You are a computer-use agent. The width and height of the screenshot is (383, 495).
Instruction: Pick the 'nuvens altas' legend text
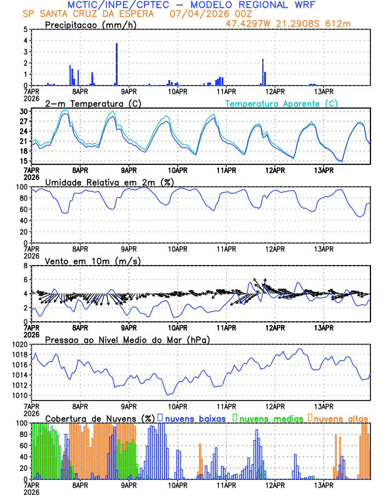click(x=340, y=417)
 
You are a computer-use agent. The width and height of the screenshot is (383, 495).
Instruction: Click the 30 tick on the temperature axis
click(x=23, y=111)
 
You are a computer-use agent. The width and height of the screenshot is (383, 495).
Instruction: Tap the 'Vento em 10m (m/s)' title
click(x=84, y=261)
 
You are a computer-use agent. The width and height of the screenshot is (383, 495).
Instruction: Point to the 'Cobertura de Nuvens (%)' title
click(x=100, y=417)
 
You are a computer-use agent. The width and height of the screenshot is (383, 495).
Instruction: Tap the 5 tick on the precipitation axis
click(x=25, y=29)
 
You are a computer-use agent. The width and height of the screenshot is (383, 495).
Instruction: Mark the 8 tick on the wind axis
click(x=25, y=266)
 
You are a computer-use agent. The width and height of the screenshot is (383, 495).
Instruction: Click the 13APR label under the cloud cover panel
click(x=324, y=485)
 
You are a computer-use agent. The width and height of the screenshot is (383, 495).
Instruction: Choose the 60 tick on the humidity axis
click(x=22, y=220)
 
